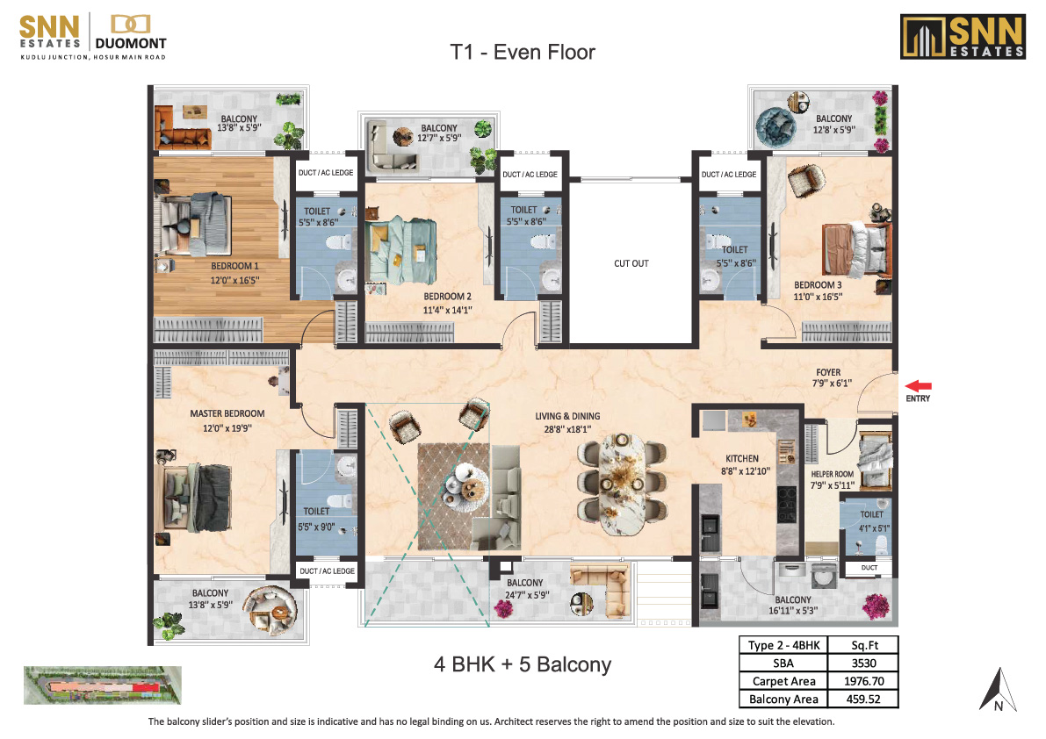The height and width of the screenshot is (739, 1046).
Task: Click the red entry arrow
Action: [x=918, y=386]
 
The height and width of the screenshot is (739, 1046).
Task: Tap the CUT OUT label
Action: [x=631, y=263]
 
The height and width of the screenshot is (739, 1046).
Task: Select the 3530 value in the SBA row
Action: [x=863, y=663]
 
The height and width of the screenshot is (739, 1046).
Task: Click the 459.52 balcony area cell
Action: [x=863, y=699]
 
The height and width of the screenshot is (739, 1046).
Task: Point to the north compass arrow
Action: [x=998, y=690]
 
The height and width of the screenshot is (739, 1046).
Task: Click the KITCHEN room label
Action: [x=742, y=458]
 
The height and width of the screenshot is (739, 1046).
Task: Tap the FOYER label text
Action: [x=828, y=372]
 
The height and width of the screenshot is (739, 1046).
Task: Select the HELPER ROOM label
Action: [x=832, y=474]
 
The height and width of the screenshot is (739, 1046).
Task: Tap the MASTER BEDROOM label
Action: [x=227, y=413]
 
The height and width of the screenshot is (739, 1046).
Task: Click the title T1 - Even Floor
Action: [x=523, y=52]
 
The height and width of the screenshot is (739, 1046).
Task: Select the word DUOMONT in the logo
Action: [x=131, y=43]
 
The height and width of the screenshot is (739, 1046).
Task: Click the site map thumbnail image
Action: [x=103, y=685]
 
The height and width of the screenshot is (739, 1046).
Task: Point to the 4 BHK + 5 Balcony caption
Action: [x=523, y=664]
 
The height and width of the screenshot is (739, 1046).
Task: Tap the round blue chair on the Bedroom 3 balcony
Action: [x=775, y=126]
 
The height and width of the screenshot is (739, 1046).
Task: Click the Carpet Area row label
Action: [x=783, y=681]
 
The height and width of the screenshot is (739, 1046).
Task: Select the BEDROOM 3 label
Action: [x=817, y=284]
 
